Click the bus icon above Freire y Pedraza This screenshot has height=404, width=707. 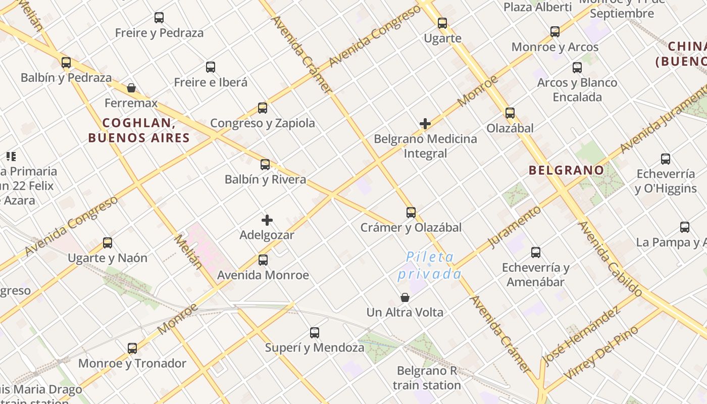[159, 18]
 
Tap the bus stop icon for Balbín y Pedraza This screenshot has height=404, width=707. [66, 63]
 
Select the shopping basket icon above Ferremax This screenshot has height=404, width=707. [131, 88]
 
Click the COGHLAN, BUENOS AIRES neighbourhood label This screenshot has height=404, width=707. [139, 130]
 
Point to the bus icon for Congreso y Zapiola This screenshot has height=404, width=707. [263, 108]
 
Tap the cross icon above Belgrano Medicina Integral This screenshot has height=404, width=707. [425, 123]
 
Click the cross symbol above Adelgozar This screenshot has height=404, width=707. [267, 220]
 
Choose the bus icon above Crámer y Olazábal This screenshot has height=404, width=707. [411, 213]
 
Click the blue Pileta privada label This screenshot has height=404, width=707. [430, 266]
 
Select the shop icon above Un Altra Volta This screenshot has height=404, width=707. [405, 297]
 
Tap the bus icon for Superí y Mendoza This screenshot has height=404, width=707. [315, 333]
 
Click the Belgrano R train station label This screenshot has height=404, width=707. [427, 378]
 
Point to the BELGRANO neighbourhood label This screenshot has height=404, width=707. [566, 170]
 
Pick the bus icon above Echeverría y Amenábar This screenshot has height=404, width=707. [536, 252]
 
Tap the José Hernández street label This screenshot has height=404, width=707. [581, 335]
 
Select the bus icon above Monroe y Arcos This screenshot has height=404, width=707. [555, 32]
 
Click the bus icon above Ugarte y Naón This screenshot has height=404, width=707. [108, 243]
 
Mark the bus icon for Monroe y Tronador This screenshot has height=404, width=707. [132, 348]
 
